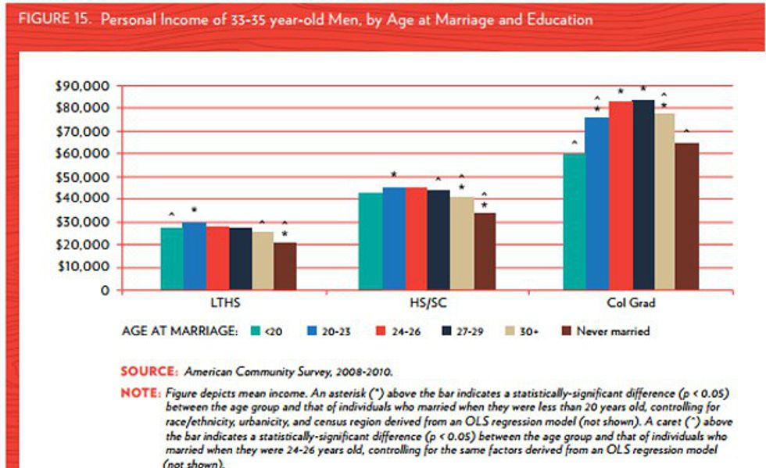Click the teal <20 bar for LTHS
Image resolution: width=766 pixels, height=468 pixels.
tap(172, 259)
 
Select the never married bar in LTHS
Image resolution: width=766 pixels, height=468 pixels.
tap(285, 266)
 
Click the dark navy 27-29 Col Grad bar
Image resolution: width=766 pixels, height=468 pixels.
tap(643, 195)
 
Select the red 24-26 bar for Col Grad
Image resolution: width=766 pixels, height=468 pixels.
tap(621, 195)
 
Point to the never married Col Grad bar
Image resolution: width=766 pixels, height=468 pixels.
tap(688, 216)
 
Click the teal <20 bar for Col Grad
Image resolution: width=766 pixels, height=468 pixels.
tap(574, 222)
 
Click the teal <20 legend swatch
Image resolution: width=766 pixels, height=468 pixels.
tap(255, 331)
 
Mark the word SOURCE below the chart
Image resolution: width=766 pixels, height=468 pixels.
tap(148, 371)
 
